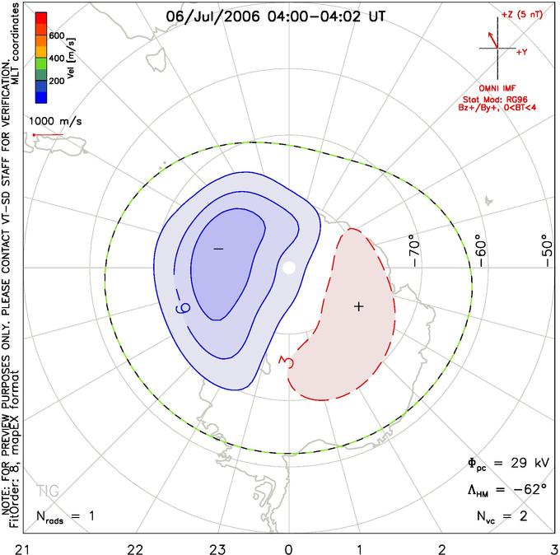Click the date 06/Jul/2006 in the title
[x=212, y=16]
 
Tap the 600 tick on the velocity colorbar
[x=57, y=35]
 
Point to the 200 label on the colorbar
[x=57, y=81]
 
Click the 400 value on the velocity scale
[x=57, y=58]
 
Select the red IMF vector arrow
[x=492, y=40]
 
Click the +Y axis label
[x=522, y=52]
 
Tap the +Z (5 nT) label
[x=522, y=15]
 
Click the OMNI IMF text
[x=497, y=88]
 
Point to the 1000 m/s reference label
[x=55, y=121]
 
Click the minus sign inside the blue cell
[x=218, y=249]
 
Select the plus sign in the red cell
[x=358, y=306]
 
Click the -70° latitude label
[x=413, y=250]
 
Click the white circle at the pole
[x=289, y=268]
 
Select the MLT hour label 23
[x=217, y=549]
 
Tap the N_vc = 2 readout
[x=502, y=516]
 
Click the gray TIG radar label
[x=49, y=491]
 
